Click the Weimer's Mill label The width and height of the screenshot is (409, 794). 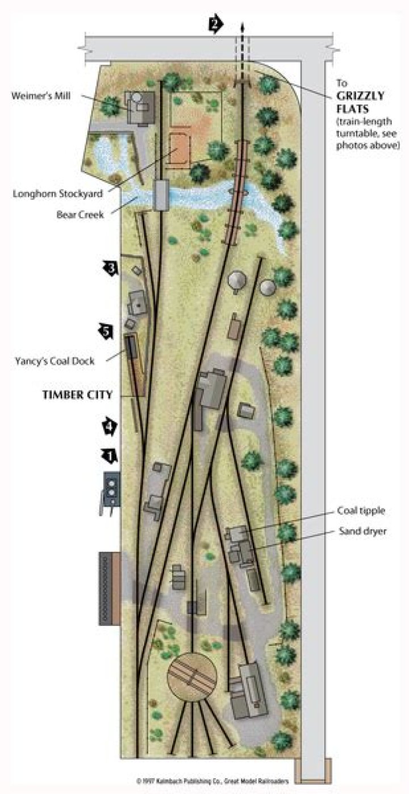point(40,95)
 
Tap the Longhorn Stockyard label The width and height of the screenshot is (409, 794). point(58,194)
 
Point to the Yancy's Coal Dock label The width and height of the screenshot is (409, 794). point(55,360)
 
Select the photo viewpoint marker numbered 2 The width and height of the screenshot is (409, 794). point(216,24)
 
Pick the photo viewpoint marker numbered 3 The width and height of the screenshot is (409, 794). point(110,268)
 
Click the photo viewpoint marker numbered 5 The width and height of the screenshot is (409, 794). point(106,331)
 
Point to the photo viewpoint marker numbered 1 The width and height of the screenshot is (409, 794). point(108,454)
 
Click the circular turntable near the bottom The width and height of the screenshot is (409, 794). point(192,678)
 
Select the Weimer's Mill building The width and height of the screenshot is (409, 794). point(140,106)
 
